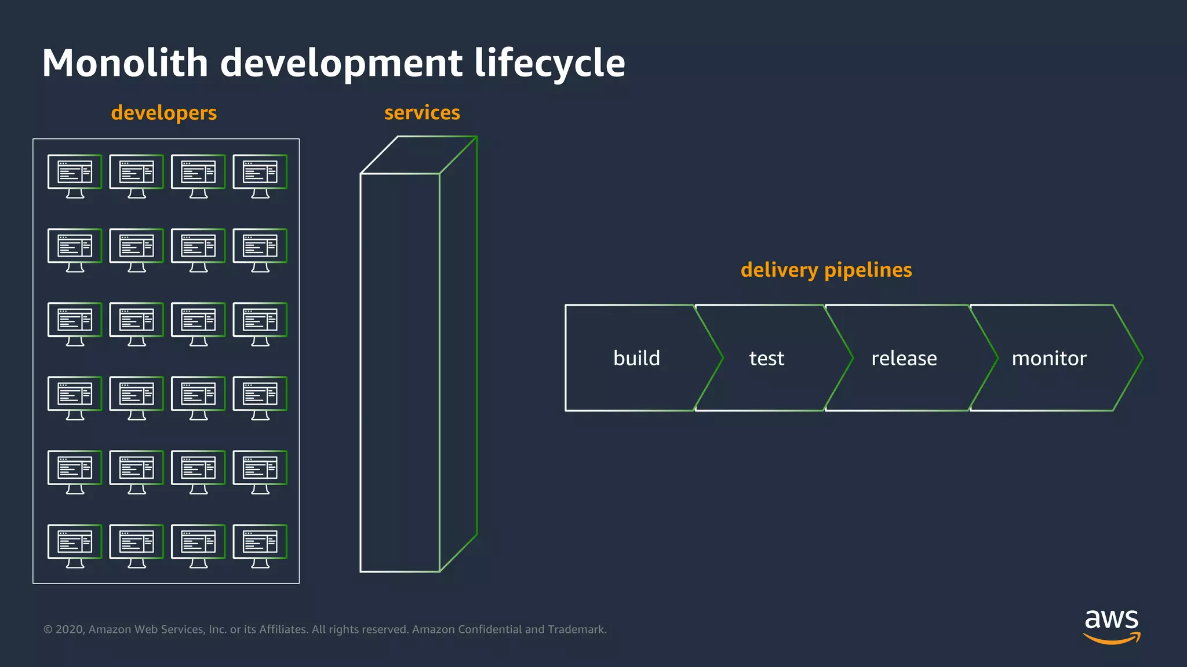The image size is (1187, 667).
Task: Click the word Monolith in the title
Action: pyautogui.click(x=125, y=63)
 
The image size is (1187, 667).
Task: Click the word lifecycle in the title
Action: pyautogui.click(x=549, y=63)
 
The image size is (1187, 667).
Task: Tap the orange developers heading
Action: pyautogui.click(x=163, y=112)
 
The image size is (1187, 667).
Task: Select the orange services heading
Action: pyautogui.click(x=422, y=112)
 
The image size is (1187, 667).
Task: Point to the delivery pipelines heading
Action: pyautogui.click(x=826, y=270)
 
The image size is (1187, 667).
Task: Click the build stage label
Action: pyautogui.click(x=636, y=358)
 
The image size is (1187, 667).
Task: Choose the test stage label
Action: pyautogui.click(x=766, y=358)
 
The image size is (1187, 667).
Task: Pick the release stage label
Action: pyautogui.click(x=904, y=358)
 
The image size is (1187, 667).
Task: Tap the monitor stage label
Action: pyautogui.click(x=1048, y=358)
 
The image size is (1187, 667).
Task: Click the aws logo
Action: pyautogui.click(x=1111, y=625)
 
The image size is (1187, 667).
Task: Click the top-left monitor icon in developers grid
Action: pyautogui.click(x=75, y=175)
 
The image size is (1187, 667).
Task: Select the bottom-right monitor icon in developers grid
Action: pyautogui.click(x=260, y=545)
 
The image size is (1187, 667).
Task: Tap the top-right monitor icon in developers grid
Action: pyautogui.click(x=260, y=175)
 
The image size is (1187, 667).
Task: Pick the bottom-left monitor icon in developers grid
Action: pyautogui.click(x=75, y=545)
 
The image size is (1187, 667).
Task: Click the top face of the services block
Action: pyautogui.click(x=418, y=155)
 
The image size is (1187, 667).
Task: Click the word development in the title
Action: pyautogui.click(x=341, y=63)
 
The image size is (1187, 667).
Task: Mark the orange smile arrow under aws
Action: pyautogui.click(x=1110, y=639)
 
